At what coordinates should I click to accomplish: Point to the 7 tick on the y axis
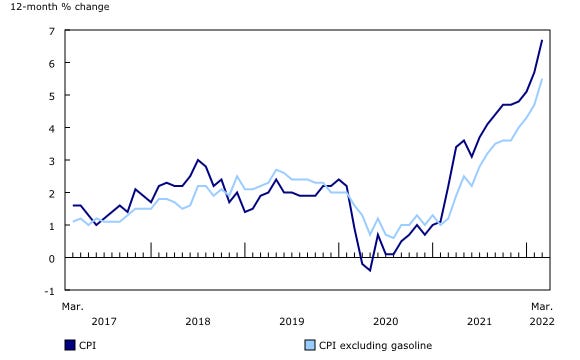52,30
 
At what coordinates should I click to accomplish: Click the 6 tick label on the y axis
52,63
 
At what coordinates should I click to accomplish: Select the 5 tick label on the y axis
52,95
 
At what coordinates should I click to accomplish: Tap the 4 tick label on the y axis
52,128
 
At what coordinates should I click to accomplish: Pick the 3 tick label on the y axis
52,160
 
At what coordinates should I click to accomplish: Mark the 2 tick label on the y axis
52,193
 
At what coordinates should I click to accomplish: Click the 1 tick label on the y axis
52,226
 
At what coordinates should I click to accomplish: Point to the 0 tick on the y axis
52,258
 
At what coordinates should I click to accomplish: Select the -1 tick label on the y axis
50,291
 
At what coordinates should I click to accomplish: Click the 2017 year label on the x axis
104,321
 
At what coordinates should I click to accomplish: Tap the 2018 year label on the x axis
198,321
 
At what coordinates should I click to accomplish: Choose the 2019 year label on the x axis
292,321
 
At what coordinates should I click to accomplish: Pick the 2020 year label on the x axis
386,321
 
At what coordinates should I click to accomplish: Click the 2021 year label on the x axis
480,321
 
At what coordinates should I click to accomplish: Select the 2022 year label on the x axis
540,321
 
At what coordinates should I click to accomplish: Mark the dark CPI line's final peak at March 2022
542,40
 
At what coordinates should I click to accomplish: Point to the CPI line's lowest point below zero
370,270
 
